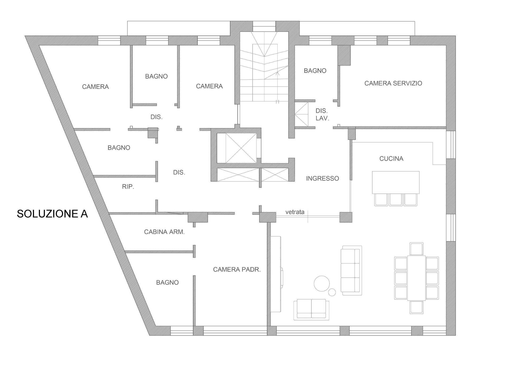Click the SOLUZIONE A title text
click(52, 214)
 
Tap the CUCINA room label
click(391, 159)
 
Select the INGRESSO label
click(322, 178)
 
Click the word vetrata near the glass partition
click(295, 212)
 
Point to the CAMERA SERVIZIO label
click(393, 83)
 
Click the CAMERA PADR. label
click(237, 269)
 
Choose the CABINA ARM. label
click(164, 232)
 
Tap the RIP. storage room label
click(128, 187)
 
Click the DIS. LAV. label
click(322, 115)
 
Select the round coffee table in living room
click(322, 284)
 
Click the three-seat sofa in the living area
click(351, 270)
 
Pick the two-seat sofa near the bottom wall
click(311, 309)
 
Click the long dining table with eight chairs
click(416, 278)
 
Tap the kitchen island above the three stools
click(395, 182)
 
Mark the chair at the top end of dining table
click(417, 249)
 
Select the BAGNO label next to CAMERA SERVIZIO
click(315, 71)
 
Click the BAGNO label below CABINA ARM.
click(167, 282)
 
